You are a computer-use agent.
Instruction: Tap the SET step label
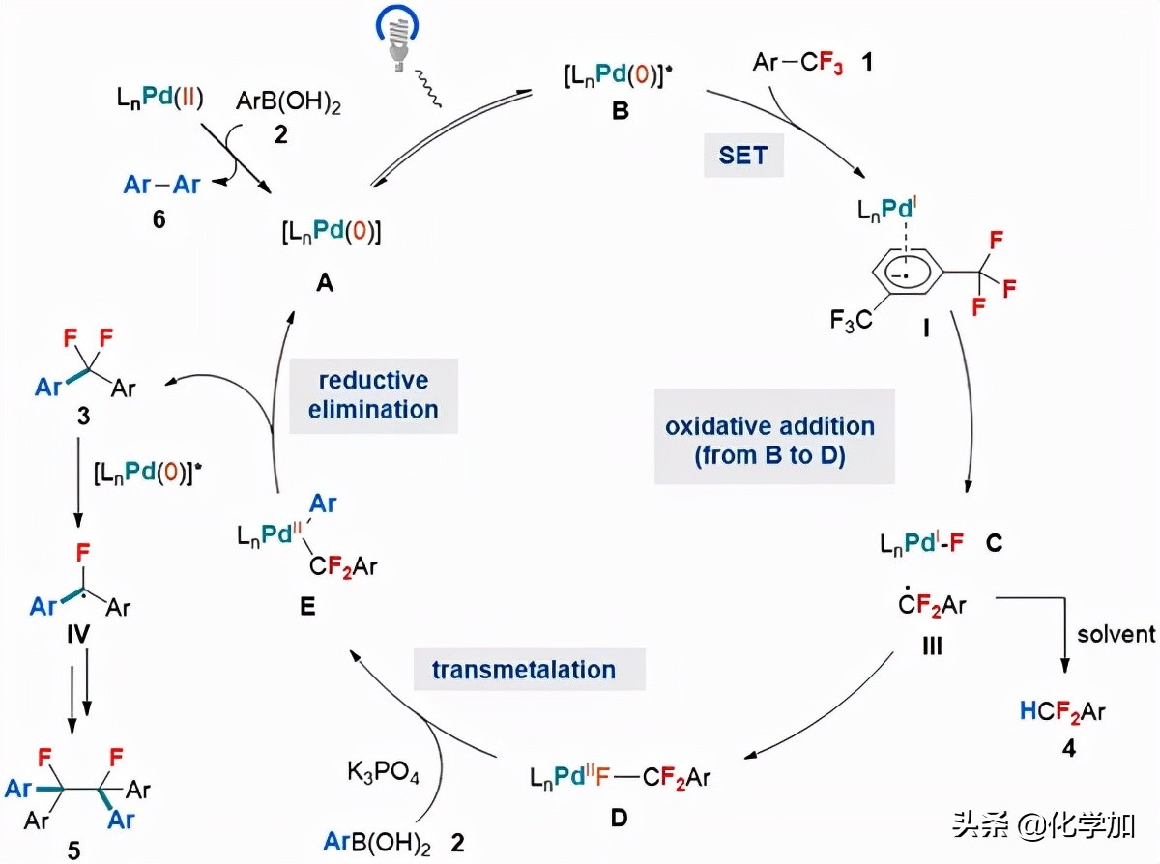point(742,155)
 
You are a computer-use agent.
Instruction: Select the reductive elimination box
point(372,393)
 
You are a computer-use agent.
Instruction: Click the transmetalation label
point(526,669)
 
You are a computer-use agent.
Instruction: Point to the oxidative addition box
point(769,440)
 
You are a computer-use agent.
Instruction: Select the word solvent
point(1116,634)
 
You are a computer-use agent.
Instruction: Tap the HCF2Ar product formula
point(1061,712)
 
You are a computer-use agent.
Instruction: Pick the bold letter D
point(619,819)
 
